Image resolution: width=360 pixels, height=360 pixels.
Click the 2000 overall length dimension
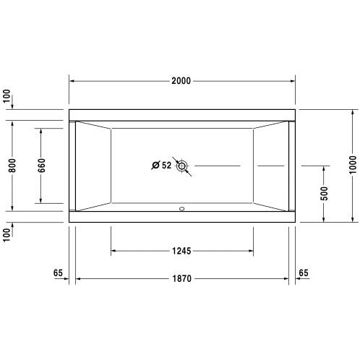tap(181, 81)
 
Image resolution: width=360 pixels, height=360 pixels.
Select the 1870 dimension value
tap(182, 278)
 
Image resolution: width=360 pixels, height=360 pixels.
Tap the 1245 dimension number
tap(181, 251)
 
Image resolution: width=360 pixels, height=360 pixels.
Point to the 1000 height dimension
tap(353, 165)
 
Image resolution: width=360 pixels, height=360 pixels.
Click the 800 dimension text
tap(12, 166)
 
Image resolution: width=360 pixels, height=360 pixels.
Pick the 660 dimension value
tap(41, 166)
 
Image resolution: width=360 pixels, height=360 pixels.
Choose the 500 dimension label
tap(324, 193)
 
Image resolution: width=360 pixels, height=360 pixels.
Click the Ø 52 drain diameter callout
tap(161, 166)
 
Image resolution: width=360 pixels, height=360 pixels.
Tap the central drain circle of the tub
tap(181, 166)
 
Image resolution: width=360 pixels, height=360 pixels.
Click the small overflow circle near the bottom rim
tap(182, 209)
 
